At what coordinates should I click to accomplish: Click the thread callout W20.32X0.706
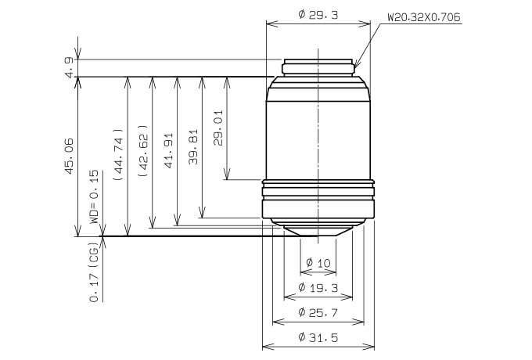[x=424, y=17]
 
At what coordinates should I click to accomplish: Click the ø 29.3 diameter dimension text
[x=318, y=15]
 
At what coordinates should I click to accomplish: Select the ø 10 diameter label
[x=318, y=263]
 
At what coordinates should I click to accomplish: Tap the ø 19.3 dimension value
[x=318, y=288]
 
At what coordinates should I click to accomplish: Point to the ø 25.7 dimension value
[x=318, y=312]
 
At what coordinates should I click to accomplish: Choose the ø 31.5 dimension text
[x=318, y=337]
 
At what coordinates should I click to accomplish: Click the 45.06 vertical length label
[x=69, y=156]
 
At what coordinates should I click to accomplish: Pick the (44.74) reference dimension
[x=118, y=154]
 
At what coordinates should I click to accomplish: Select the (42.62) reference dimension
[x=143, y=150]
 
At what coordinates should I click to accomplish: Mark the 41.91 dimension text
[x=168, y=150]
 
